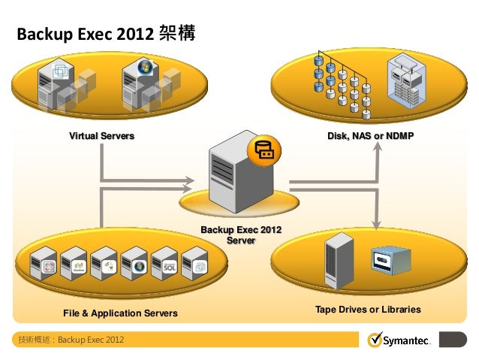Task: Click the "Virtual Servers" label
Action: [101, 136]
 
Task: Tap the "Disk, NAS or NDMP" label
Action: [371, 136]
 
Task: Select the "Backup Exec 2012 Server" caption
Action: [240, 234]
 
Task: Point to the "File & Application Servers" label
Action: [120, 313]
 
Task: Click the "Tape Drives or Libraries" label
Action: [368, 310]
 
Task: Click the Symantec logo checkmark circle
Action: [375, 340]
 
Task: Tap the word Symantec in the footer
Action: [407, 341]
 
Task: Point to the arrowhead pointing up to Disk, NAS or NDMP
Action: [378, 145]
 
